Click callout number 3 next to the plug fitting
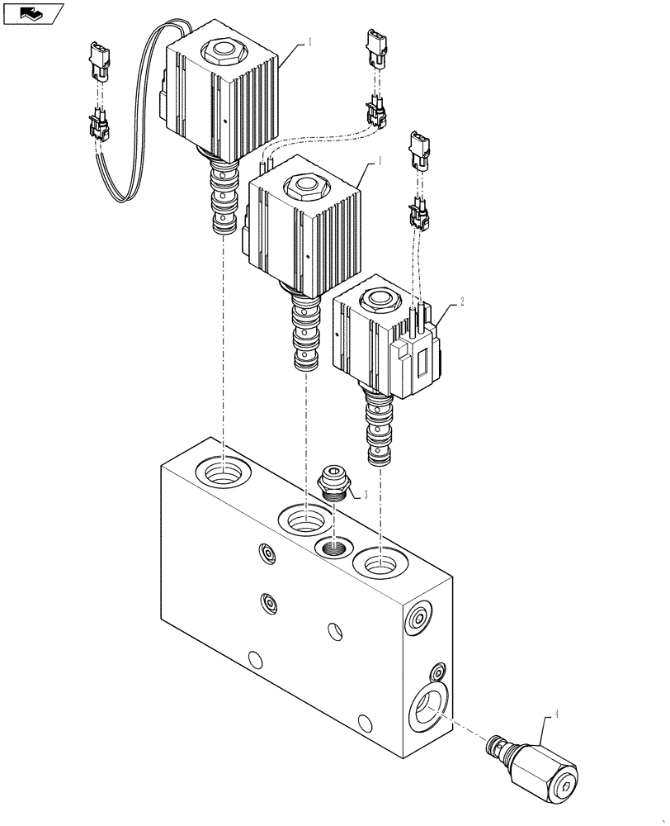[355, 495]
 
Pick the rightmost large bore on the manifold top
[379, 565]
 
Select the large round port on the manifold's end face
[427, 708]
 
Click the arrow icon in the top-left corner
[31, 12]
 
